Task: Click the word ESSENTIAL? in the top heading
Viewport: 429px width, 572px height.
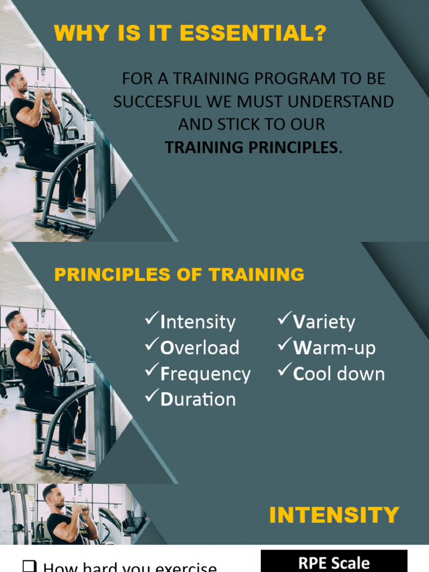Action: tap(262, 34)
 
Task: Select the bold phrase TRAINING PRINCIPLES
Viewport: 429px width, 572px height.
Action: tap(251, 147)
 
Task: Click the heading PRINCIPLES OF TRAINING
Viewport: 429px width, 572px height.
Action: tap(179, 275)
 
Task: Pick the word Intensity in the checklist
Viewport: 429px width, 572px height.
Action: tap(198, 322)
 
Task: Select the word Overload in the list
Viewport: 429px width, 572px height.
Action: tap(199, 348)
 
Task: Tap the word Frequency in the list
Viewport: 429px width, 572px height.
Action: tap(205, 374)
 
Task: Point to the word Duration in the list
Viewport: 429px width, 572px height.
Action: tap(198, 399)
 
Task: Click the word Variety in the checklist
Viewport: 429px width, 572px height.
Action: tap(324, 322)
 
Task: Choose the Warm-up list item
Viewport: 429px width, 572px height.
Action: tap(334, 348)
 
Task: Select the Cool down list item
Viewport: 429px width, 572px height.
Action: tap(339, 374)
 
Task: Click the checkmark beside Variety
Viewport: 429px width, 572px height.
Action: tap(284, 320)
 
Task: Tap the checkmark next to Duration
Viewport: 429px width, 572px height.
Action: tap(151, 397)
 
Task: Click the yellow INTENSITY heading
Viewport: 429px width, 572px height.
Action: tap(334, 515)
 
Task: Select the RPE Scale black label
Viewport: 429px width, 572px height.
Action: tap(334, 563)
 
